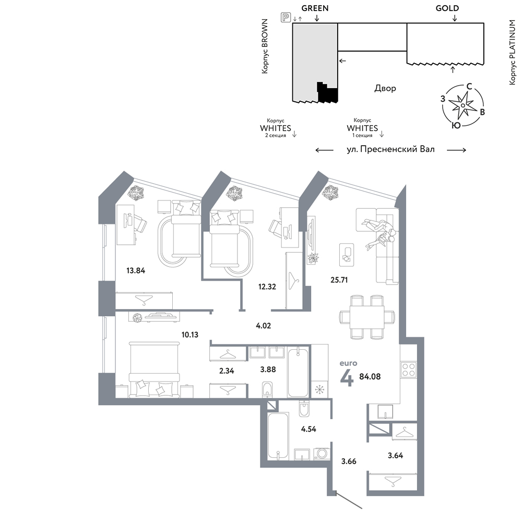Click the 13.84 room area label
(x=136, y=270)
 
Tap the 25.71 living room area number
(x=339, y=280)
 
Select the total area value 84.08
(x=370, y=376)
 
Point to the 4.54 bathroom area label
(x=309, y=429)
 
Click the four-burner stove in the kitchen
(x=409, y=370)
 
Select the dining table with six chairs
(x=367, y=316)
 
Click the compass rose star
(x=462, y=105)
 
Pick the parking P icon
(x=286, y=17)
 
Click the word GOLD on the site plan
(x=447, y=8)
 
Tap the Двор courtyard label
(x=385, y=88)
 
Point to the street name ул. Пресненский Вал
(x=390, y=149)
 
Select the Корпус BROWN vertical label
(x=265, y=46)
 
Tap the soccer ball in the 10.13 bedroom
(x=137, y=317)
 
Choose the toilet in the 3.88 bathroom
(x=267, y=390)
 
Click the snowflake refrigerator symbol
(x=319, y=389)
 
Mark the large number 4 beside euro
(x=347, y=379)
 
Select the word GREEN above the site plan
(x=315, y=8)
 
